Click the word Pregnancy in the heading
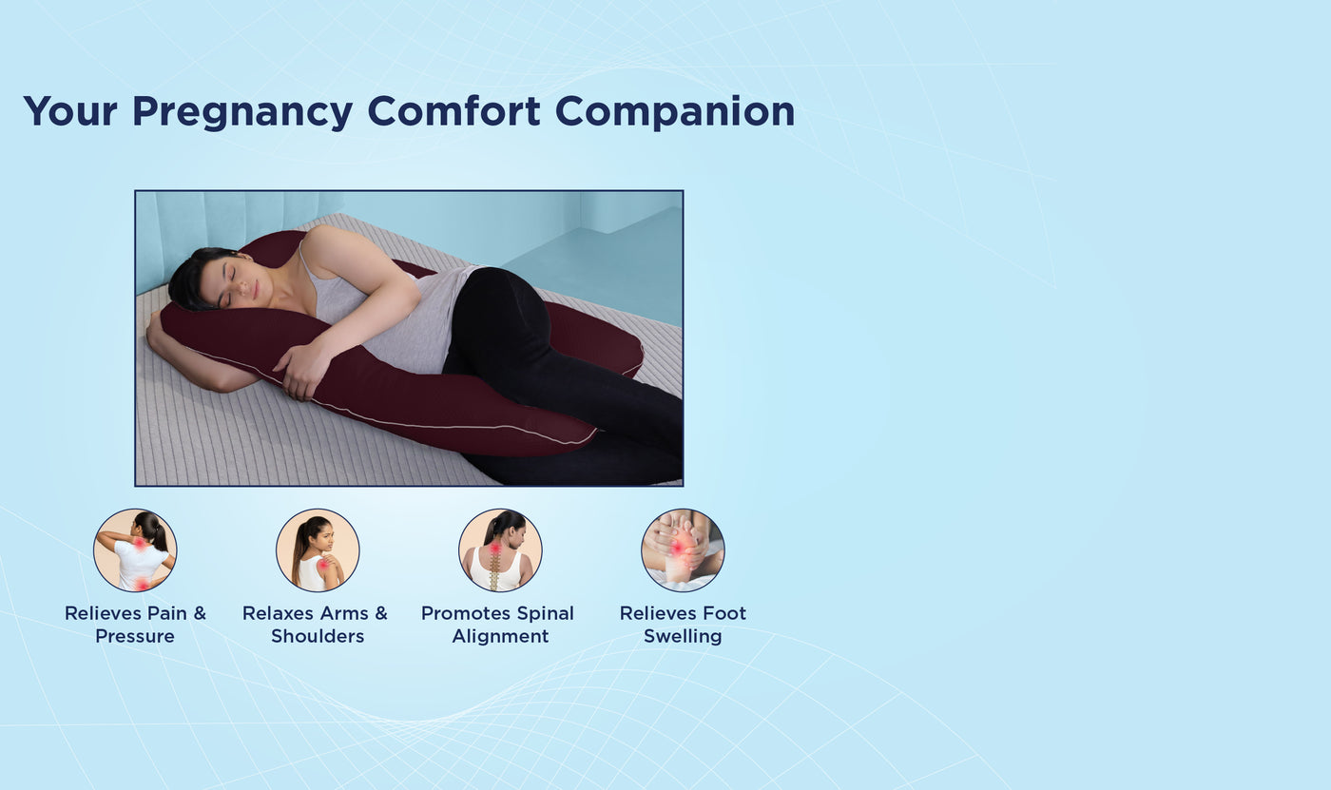(x=241, y=112)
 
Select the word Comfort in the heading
(x=453, y=111)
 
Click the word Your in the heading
(x=69, y=111)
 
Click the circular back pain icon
(x=135, y=549)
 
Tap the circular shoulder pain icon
(x=318, y=549)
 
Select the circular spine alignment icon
(x=500, y=549)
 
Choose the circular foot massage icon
(x=683, y=549)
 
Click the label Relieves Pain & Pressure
(x=135, y=625)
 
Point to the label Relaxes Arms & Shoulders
(x=316, y=625)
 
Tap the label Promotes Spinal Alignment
(x=498, y=625)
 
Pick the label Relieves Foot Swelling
(x=683, y=625)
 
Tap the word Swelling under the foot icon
(x=683, y=637)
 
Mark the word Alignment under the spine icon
(x=500, y=637)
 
